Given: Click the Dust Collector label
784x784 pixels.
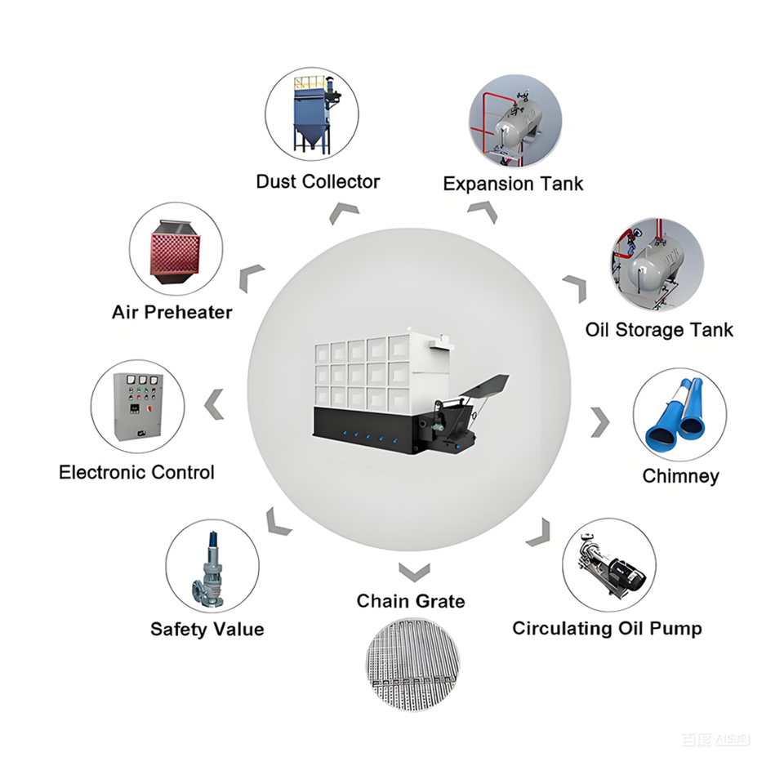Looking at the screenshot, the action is tap(318, 181).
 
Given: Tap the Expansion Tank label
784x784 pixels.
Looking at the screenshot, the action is tap(513, 184).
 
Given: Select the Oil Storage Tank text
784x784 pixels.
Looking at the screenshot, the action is tap(659, 330).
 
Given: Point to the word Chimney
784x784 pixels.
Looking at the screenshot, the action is tap(680, 476).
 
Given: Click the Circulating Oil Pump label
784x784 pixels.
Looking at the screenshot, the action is tap(607, 629).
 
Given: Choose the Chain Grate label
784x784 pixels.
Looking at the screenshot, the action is tap(411, 601).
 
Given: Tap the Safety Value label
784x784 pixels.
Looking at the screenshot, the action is tap(207, 629).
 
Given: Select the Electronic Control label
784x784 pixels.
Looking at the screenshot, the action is tap(136, 473).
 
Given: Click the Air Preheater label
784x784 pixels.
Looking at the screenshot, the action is tap(172, 312).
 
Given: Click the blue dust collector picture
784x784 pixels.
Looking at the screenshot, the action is tap(315, 114).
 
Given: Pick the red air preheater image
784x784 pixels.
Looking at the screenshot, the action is tap(175, 252).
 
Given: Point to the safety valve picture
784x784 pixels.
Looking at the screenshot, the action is tap(208, 570).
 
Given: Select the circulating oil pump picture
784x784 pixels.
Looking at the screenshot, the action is tap(611, 565).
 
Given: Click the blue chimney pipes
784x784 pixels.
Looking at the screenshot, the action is tap(675, 413).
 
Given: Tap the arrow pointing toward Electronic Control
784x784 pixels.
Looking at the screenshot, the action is tap(213, 404).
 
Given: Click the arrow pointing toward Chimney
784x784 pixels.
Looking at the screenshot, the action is tap(600, 422).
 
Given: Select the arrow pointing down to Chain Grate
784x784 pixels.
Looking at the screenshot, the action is tap(415, 572).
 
